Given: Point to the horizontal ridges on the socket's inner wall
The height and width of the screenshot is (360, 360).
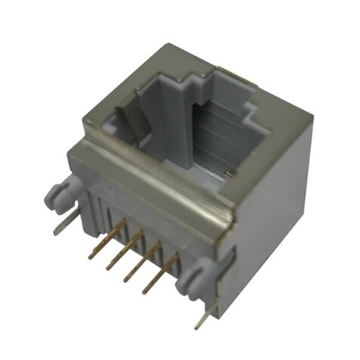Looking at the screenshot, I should (220, 140).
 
